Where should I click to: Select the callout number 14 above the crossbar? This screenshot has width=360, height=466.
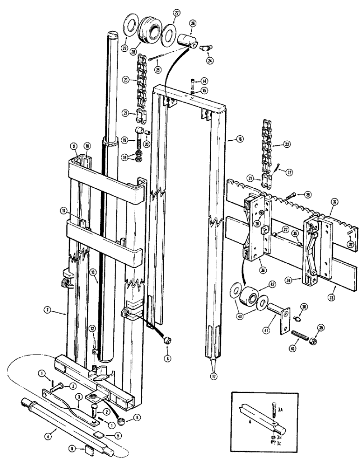click(204, 81)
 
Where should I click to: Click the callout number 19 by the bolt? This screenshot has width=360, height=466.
click(124, 139)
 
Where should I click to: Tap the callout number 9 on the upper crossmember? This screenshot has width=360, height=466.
click(73, 146)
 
